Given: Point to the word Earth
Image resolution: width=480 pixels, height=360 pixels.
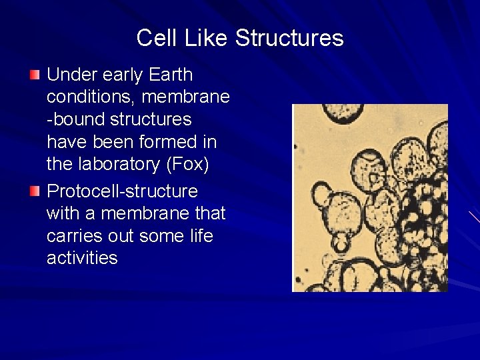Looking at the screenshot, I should tap(171, 75).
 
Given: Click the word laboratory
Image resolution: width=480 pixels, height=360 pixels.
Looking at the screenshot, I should tap(118, 164).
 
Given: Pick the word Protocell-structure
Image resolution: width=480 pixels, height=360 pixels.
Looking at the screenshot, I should tap(122, 191).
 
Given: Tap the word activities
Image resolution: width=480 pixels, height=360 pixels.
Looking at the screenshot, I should tap(82, 258).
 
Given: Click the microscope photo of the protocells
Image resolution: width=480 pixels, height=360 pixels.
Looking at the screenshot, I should tap(370, 197).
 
